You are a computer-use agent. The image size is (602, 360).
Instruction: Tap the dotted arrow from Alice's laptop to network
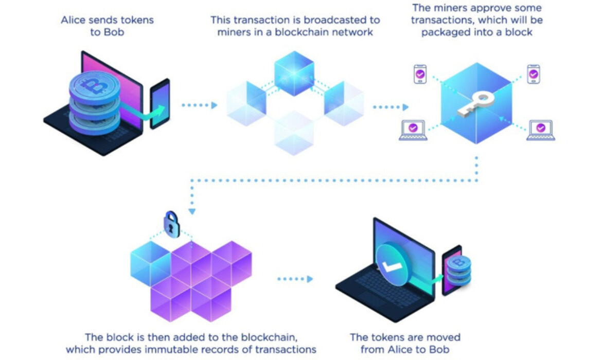pyautogui.click(x=199, y=105)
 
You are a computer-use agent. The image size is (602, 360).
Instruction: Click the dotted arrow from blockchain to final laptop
pyautogui.click(x=295, y=279)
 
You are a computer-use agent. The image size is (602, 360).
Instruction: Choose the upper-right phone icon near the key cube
pyautogui.click(x=533, y=75)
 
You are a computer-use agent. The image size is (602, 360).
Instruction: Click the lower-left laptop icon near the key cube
pyautogui.click(x=413, y=130)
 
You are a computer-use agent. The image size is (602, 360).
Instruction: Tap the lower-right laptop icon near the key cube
pyautogui.click(x=540, y=130)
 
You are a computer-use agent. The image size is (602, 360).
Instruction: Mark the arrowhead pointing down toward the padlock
pyautogui.click(x=192, y=210)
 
